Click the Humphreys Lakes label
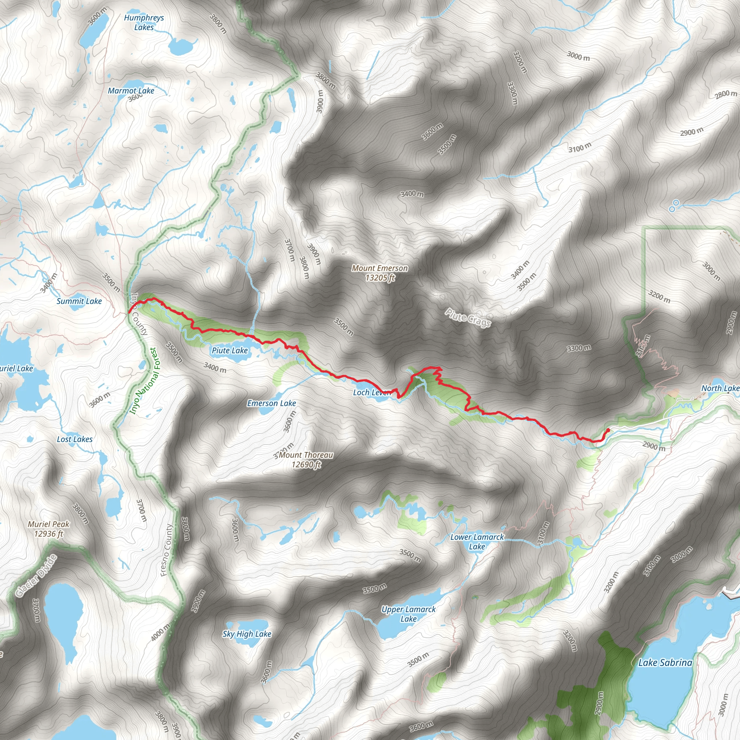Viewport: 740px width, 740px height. click(144, 23)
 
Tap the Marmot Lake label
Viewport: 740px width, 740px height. click(131, 91)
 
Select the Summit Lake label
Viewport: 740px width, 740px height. click(79, 301)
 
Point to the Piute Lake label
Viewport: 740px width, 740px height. click(230, 350)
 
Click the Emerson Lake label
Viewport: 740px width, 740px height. click(272, 403)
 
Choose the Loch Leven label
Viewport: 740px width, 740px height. click(371, 392)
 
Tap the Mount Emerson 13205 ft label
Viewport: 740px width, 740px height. click(380, 273)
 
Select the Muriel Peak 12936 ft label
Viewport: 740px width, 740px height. click(49, 529)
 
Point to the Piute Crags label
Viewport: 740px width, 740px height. click(468, 318)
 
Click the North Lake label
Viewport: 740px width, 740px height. click(720, 388)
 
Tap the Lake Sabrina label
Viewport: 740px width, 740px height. click(665, 663)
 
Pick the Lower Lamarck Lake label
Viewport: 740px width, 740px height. click(477, 542)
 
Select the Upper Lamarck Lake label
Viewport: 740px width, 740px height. click(408, 614)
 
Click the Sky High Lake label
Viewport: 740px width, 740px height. click(247, 634)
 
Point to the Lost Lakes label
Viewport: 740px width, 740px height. click(75, 439)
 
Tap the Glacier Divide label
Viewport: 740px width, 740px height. click(36, 576)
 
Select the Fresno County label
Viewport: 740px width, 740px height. click(167, 550)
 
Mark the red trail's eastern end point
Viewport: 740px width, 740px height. click(608, 430)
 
